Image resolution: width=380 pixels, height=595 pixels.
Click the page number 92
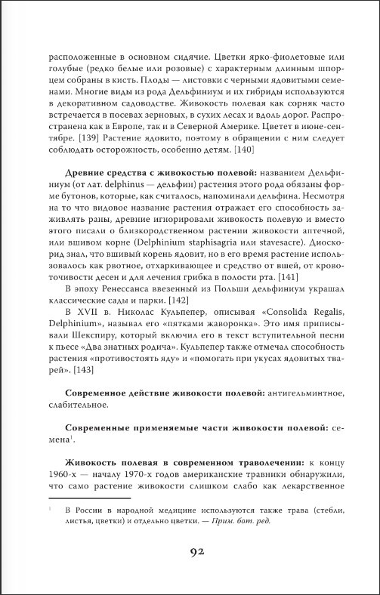pos(190,551)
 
